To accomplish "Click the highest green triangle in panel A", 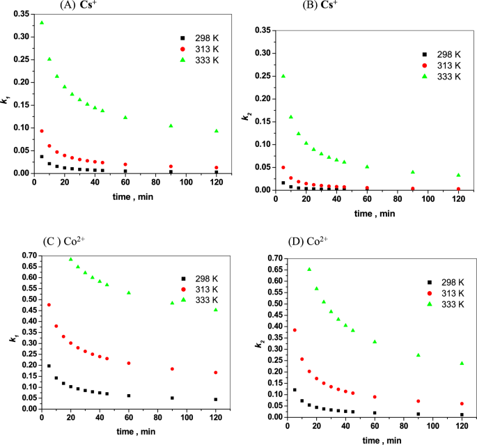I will pyautogui.click(x=42, y=22).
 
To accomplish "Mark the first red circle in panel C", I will pyautogui.click(x=49, y=305).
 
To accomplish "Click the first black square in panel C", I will pyautogui.click(x=49, y=366).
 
